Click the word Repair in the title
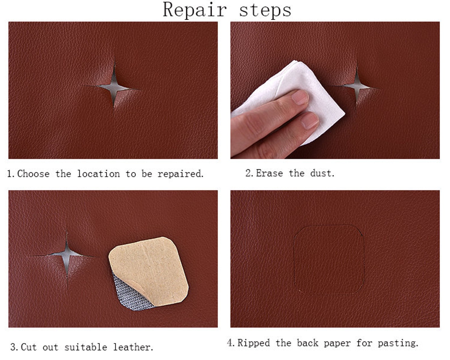195,10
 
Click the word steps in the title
265,10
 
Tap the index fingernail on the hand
300,97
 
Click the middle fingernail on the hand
310,120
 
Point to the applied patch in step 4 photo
329,259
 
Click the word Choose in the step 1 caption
33,174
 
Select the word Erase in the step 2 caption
269,173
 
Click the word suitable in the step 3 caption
86,347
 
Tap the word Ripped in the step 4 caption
254,343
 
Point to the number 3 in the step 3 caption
13,347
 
